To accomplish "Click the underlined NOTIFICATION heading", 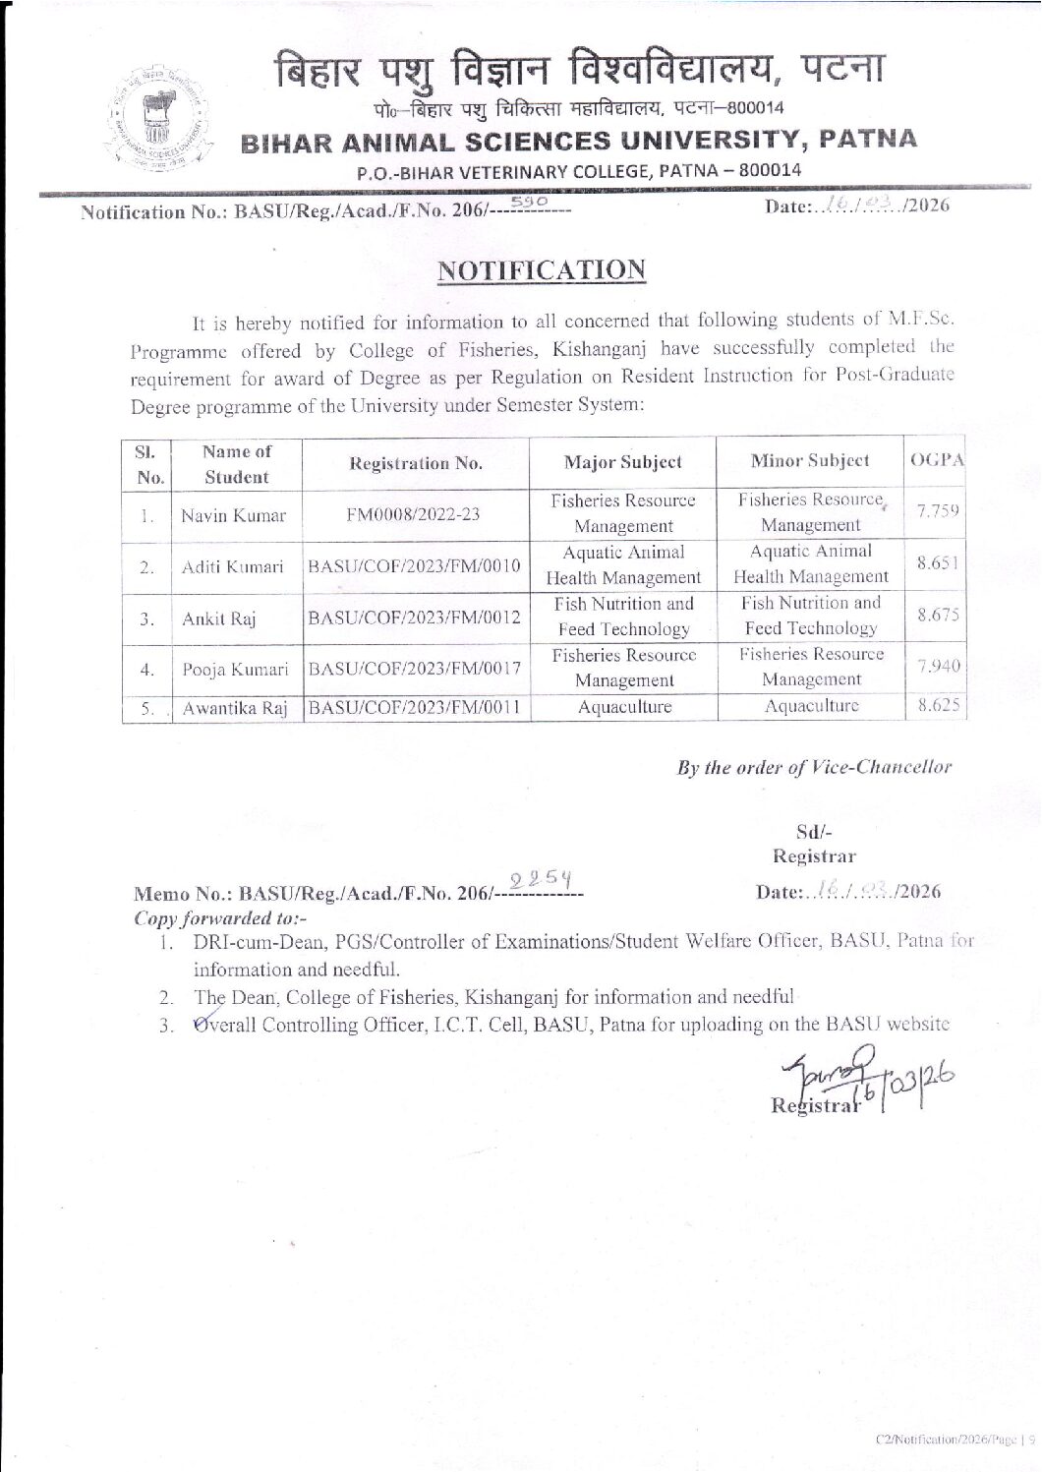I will click(542, 269).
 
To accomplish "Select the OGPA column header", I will click(937, 460).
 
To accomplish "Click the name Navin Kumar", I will click(233, 515).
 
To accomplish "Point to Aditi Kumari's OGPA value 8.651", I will click(937, 562).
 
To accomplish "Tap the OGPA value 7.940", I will click(937, 667).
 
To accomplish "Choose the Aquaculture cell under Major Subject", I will click(624, 707).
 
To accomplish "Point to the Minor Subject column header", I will click(809, 460).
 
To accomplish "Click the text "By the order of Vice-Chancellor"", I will click(814, 767).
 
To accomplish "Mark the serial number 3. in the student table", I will click(145, 618).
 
